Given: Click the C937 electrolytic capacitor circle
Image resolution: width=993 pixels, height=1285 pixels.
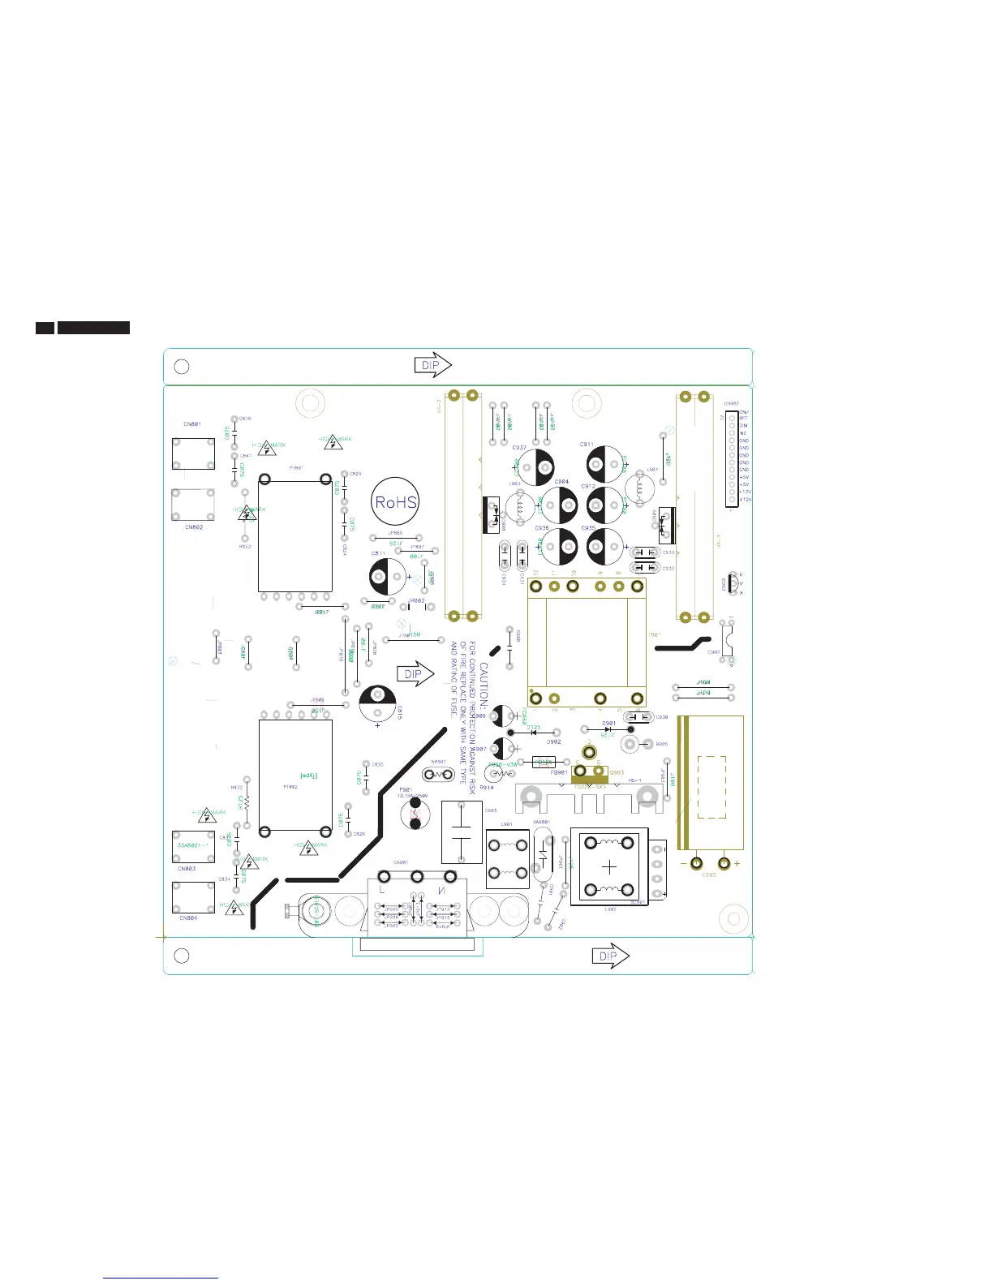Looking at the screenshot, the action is pyautogui.click(x=536, y=466).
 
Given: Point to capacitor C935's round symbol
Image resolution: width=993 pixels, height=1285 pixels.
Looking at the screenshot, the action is pyautogui.click(x=604, y=546).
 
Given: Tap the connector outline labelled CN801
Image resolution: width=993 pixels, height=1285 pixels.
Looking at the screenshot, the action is pyautogui.click(x=193, y=453).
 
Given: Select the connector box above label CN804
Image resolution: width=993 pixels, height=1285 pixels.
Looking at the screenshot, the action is pyautogui.click(x=193, y=897).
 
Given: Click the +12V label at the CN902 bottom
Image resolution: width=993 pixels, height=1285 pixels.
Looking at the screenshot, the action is pyautogui.click(x=746, y=500).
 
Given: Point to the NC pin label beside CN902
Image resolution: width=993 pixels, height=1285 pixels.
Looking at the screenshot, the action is pyautogui.click(x=743, y=433).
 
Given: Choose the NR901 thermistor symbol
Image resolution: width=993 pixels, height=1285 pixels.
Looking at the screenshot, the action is pyautogui.click(x=440, y=774).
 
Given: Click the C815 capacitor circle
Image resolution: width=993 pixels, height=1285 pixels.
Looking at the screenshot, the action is pyautogui.click(x=377, y=704).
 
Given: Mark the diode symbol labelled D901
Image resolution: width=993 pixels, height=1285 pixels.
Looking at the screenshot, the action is pyautogui.click(x=608, y=729).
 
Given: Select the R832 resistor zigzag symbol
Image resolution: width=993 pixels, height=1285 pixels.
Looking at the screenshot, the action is pyautogui.click(x=247, y=802).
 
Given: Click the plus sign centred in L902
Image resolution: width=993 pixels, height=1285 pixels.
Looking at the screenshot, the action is pyautogui.click(x=609, y=866).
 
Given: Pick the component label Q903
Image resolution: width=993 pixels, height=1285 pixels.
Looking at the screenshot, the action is pyautogui.click(x=617, y=772).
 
